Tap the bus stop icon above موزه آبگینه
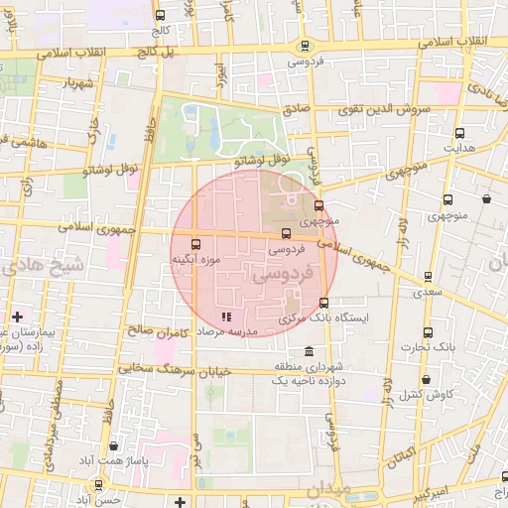(194, 243)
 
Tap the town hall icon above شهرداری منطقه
(311, 352)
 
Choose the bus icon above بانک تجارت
(428, 332)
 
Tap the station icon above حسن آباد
(98, 484)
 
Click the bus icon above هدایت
(459, 133)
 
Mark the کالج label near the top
(159, 29)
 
